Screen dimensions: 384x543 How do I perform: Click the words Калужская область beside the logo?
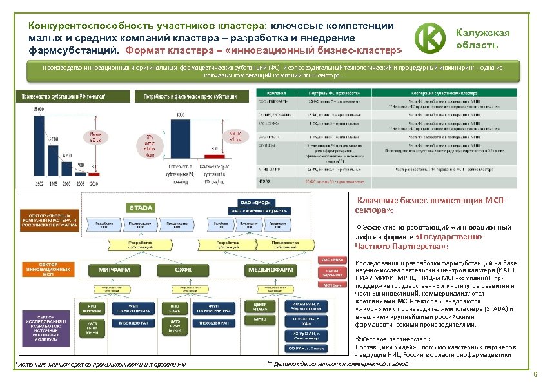pyautogui.click(x=483, y=39)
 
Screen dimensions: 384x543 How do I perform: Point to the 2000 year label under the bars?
pyautogui.click(x=67, y=185)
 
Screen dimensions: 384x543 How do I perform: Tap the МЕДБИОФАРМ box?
pyautogui.click(x=270, y=269)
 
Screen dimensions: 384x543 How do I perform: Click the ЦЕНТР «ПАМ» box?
pyautogui.click(x=261, y=306)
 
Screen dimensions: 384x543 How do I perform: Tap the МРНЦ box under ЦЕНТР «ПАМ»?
pyautogui.click(x=261, y=319)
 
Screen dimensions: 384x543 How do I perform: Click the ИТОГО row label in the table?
pyautogui.click(x=264, y=181)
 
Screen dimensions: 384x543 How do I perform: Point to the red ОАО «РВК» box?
pyautogui.click(x=332, y=260)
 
